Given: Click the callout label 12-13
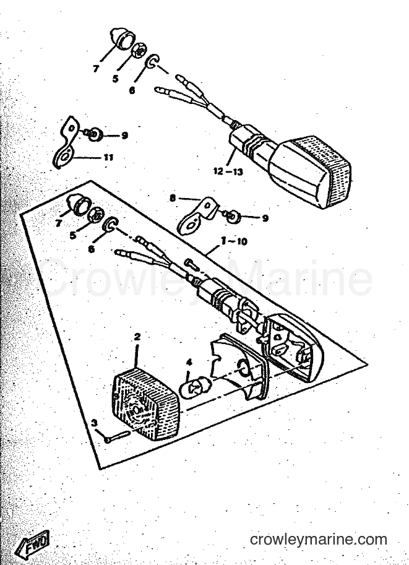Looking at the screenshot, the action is click(228, 171).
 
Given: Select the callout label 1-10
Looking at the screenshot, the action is click(235, 241).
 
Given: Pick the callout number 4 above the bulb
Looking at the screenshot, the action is click(189, 363).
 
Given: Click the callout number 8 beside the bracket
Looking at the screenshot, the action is click(173, 198).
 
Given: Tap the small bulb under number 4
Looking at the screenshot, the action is click(192, 389).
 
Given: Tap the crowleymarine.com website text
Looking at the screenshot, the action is click(319, 540).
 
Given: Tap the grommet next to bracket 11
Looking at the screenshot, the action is click(95, 135).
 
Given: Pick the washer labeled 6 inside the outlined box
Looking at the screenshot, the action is click(110, 225).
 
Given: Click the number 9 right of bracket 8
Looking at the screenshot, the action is click(265, 218).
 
